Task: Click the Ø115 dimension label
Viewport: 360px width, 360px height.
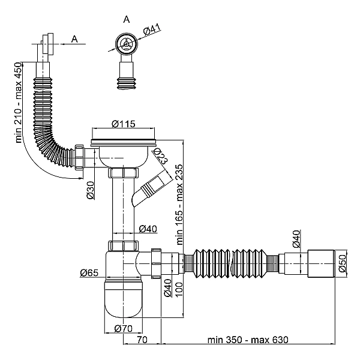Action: click(x=124, y=124)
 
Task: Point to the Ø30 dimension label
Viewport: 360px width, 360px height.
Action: click(x=90, y=190)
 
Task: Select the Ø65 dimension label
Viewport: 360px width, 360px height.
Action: click(x=88, y=274)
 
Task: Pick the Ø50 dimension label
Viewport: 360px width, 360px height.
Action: click(x=343, y=262)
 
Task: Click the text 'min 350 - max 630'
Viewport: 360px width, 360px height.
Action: click(x=248, y=340)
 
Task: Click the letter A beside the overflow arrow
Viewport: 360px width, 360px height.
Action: click(x=75, y=39)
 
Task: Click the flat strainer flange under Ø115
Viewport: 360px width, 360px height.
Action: click(x=124, y=143)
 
